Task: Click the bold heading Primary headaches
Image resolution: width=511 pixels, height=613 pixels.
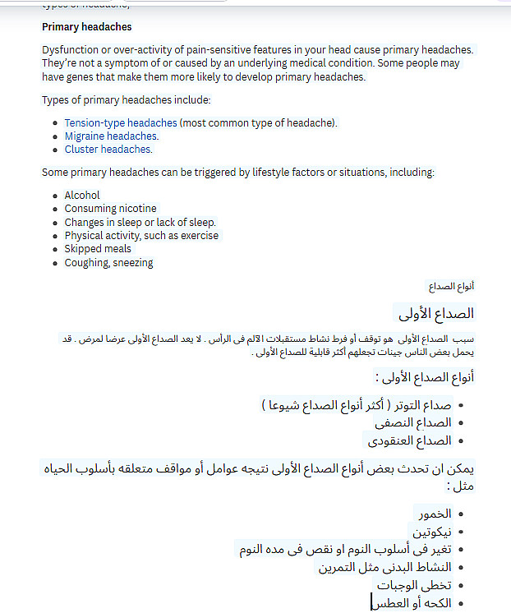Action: pyautogui.click(x=87, y=27)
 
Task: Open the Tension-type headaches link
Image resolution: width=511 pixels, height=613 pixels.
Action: pyautogui.click(x=120, y=123)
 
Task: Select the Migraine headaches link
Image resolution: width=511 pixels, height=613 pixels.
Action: pyautogui.click(x=111, y=136)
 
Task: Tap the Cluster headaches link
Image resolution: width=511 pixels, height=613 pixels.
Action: pyautogui.click(x=108, y=150)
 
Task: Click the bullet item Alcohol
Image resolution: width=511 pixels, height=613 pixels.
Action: pyautogui.click(x=82, y=196)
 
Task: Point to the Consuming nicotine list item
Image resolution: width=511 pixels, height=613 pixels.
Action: pyautogui.click(x=110, y=209)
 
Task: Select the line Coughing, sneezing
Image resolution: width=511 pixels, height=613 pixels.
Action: pyautogui.click(x=108, y=263)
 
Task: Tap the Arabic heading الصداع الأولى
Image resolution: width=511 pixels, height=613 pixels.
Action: pyautogui.click(x=436, y=314)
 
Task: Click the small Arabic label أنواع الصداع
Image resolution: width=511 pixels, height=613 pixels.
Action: pyautogui.click(x=451, y=287)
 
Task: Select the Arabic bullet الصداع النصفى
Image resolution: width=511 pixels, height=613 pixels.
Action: pyautogui.click(x=413, y=423)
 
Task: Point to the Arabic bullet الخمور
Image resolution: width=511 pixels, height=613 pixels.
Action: pyautogui.click(x=435, y=514)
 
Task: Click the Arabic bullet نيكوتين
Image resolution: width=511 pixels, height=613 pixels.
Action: pyautogui.click(x=432, y=532)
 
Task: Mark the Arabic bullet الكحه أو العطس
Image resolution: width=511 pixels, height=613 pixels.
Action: pyautogui.click(x=411, y=603)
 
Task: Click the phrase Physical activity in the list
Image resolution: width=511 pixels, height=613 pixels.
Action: pyautogui.click(x=103, y=236)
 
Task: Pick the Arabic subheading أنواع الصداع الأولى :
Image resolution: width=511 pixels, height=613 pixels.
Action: pyautogui.click(x=425, y=378)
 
